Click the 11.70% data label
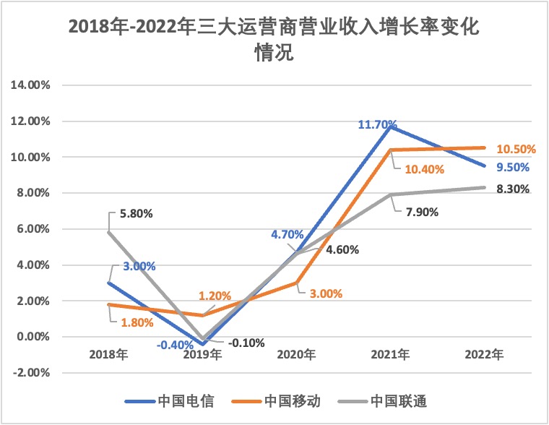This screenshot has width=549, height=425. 378,125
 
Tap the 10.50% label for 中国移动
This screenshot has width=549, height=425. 516,150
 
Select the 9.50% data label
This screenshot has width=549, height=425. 513,168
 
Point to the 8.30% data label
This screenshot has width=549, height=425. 513,189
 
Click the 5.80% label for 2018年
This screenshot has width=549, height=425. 136,214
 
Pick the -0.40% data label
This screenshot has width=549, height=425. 175,345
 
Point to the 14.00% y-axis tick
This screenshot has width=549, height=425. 29,85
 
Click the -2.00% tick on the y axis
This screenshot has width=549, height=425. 30,373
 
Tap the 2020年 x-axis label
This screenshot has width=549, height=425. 296,356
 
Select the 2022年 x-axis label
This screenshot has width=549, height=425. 484,356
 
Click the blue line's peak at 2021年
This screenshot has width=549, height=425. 391,127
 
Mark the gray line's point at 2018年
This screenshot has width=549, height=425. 109,233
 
